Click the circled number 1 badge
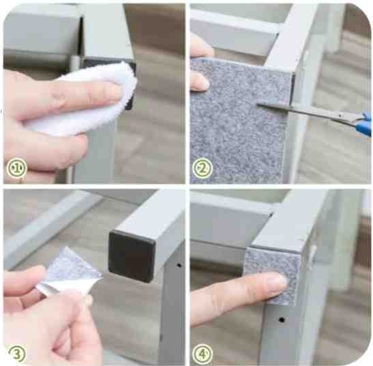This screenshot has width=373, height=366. tap(16, 168)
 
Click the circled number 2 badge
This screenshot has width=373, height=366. tap(203, 168)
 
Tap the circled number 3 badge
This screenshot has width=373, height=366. tap(16, 354)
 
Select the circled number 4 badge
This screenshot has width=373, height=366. tap(203, 354)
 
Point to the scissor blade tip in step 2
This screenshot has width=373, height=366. tap(258, 104)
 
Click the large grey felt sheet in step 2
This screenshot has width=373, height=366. tap(238, 124)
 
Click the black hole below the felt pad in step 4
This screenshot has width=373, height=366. tap(282, 320)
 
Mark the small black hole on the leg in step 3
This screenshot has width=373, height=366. tap(179, 265)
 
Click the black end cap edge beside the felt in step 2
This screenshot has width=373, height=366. tap(293, 89)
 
